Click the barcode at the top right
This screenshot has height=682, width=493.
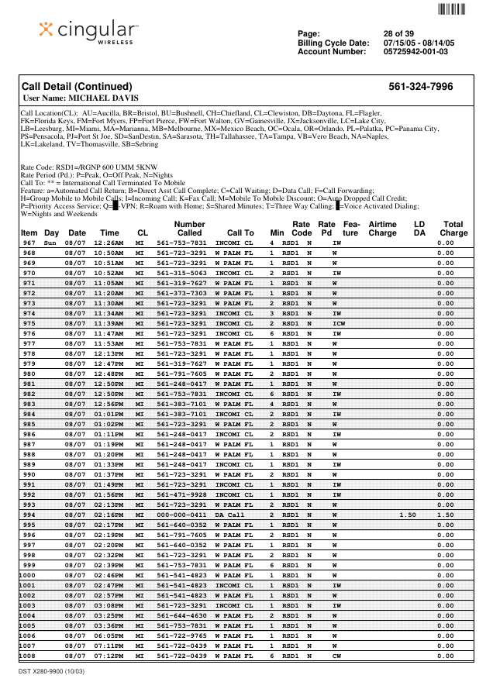pyautogui.click(x=452, y=9)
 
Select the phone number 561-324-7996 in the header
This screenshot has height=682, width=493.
pyautogui.click(x=420, y=87)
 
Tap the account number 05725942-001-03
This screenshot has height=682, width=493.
pyautogui.click(x=415, y=51)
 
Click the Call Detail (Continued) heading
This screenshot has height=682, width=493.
pyautogui.click(x=77, y=87)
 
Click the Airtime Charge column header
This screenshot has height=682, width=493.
pyautogui.click(x=382, y=228)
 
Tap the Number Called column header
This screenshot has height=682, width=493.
pyautogui.click(x=189, y=228)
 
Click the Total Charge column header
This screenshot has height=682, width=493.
pyautogui.click(x=453, y=228)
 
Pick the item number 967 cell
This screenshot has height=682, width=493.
pyautogui.click(x=29, y=243)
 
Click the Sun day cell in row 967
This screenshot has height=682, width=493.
pyautogui.click(x=50, y=243)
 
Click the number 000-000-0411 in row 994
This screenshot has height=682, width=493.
pyautogui.click(x=181, y=515)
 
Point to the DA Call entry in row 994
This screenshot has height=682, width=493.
pyautogui.click(x=229, y=515)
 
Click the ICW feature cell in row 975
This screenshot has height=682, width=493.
pyautogui.click(x=339, y=323)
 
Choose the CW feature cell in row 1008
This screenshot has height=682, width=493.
pyautogui.click(x=336, y=656)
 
